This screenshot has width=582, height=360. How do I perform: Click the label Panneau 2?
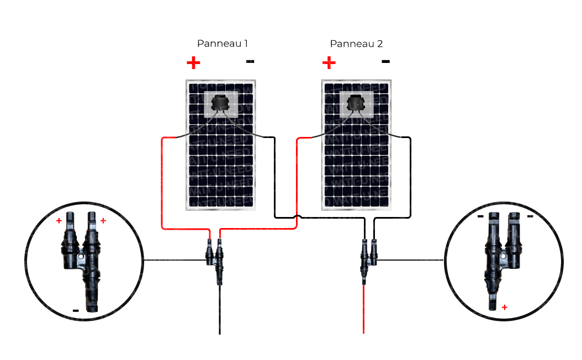click(x=356, y=44)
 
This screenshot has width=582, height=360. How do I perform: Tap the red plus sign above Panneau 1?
click(x=193, y=62)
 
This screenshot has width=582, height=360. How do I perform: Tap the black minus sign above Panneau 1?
click(x=250, y=61)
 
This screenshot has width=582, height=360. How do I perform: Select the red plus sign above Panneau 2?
click(x=329, y=62)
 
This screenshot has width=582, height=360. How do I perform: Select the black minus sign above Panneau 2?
click(x=385, y=61)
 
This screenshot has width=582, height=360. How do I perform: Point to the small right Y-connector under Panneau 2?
click(x=367, y=257)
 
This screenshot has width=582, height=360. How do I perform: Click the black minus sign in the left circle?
click(x=76, y=310)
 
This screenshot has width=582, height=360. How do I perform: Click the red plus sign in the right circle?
click(x=504, y=306)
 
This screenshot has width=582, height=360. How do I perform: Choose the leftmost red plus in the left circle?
click(x=59, y=221)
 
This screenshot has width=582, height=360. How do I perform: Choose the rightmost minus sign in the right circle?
click(x=530, y=216)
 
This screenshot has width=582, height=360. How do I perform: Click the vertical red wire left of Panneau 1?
click(x=161, y=182)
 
